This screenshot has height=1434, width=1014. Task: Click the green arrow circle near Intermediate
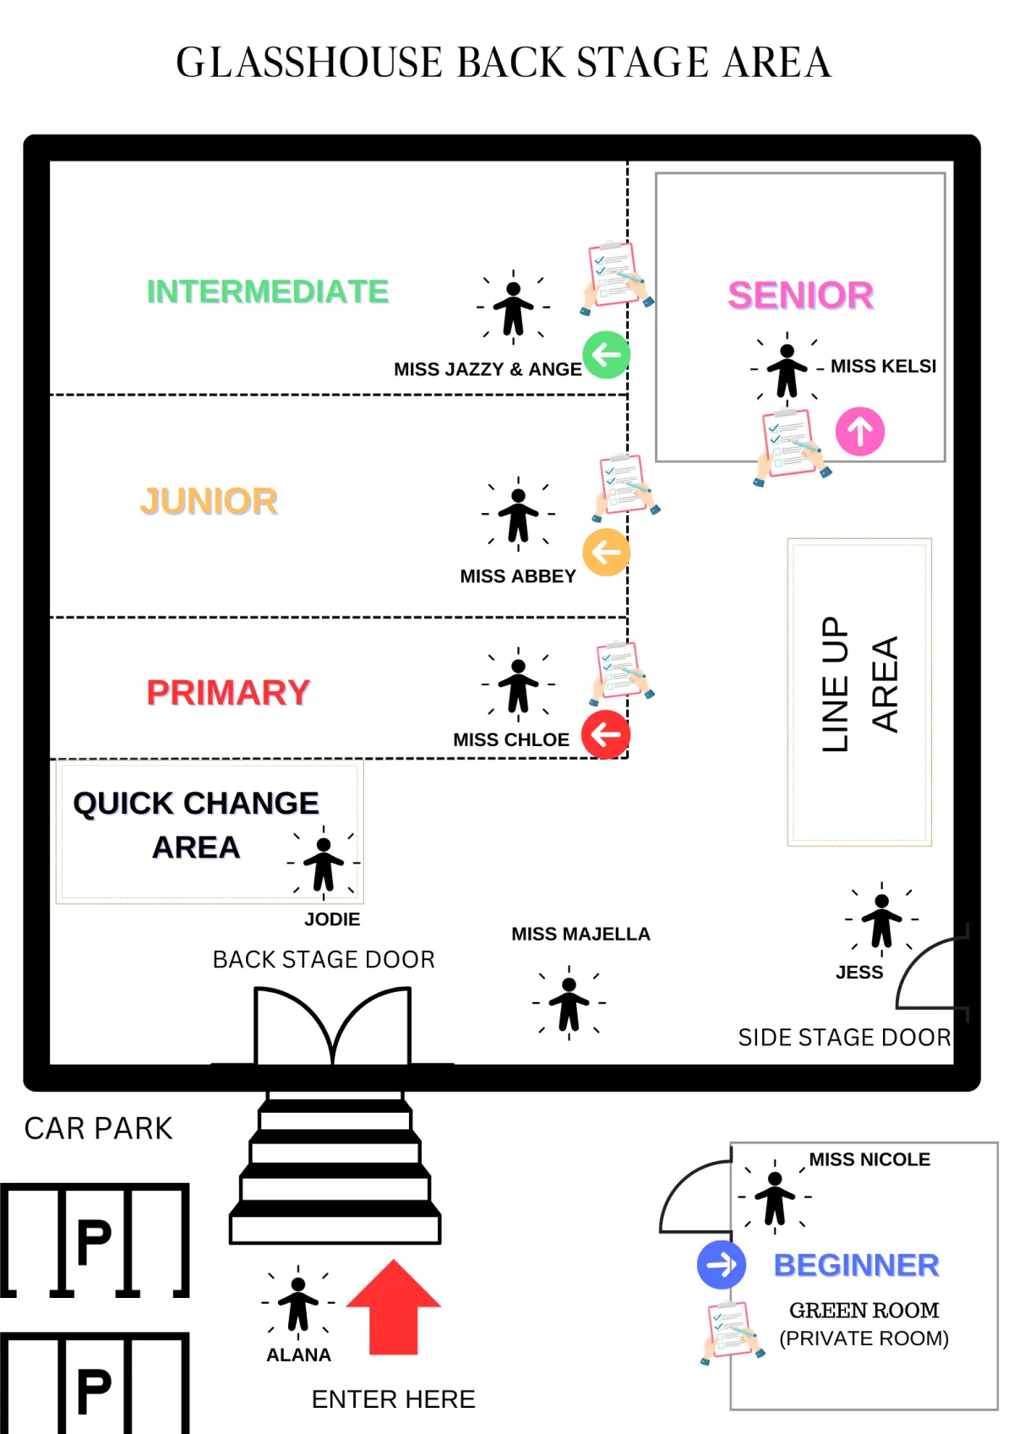(x=606, y=355)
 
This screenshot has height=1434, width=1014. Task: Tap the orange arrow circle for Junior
(x=606, y=553)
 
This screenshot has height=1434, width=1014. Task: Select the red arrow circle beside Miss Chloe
(x=606, y=734)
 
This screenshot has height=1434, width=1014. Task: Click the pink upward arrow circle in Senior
(x=860, y=432)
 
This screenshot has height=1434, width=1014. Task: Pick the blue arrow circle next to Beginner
(x=721, y=1265)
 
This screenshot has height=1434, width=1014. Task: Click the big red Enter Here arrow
(x=394, y=1306)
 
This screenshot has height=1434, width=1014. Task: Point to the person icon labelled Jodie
(x=324, y=864)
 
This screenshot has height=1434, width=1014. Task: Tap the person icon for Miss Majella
(x=569, y=1003)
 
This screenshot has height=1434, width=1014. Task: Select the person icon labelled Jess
(x=881, y=919)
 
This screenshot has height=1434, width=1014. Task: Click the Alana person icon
(x=298, y=1303)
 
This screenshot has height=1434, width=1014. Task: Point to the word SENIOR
(x=800, y=296)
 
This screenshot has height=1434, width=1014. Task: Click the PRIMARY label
(x=228, y=693)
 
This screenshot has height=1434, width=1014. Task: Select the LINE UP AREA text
(x=859, y=684)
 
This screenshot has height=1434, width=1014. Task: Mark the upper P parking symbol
(x=94, y=1241)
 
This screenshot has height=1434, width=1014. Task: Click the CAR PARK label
(x=98, y=1129)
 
